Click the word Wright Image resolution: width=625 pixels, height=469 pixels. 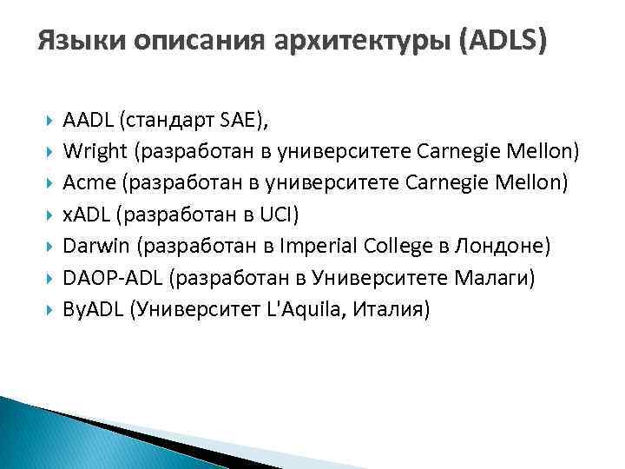click(95, 153)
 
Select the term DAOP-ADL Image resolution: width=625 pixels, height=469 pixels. click(110, 276)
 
